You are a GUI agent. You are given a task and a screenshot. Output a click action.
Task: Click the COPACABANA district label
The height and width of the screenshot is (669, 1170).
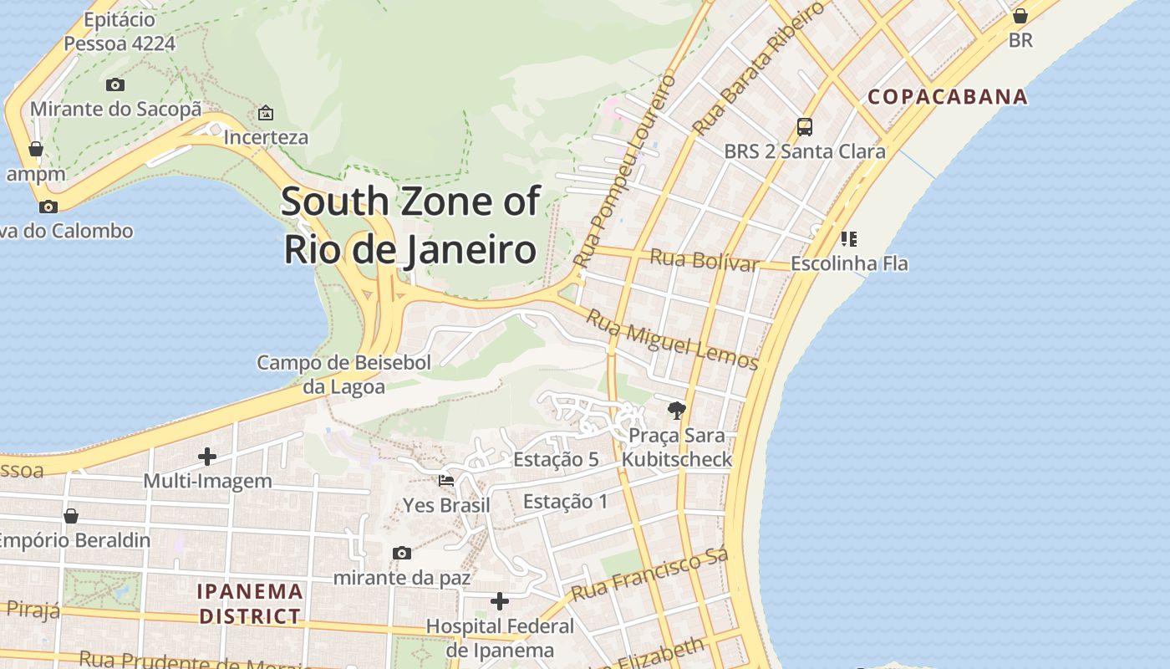coord(947,96)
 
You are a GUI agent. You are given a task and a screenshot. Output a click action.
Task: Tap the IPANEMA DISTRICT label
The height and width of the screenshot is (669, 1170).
coord(249,604)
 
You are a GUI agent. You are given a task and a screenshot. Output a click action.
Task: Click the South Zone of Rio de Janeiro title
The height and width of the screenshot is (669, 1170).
coord(409,226)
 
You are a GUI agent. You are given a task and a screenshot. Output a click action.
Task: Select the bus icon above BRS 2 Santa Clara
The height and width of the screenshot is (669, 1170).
coord(804,127)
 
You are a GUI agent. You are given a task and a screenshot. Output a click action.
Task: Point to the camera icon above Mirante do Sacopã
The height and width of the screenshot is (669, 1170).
coord(115,84)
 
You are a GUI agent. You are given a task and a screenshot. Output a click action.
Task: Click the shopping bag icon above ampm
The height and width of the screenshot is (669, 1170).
coord(36,149)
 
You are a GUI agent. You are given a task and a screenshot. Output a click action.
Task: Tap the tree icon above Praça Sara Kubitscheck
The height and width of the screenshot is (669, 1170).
coord(676,410)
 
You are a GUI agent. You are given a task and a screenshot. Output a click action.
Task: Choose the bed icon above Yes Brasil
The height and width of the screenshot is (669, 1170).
coord(446,481)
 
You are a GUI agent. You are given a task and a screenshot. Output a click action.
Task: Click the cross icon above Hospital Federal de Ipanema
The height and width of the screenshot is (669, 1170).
coord(500,601)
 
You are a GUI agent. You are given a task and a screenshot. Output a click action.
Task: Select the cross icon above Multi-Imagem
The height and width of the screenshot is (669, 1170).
coord(207,457)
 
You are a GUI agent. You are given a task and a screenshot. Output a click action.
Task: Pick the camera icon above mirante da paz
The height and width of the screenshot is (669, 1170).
coord(402,553)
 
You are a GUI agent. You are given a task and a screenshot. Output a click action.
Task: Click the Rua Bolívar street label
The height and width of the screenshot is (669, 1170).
coord(704,259)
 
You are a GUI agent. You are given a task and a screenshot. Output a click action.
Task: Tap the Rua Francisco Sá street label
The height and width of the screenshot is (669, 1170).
coord(649,575)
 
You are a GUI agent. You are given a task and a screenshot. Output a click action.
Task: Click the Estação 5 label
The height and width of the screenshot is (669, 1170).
coord(556,459)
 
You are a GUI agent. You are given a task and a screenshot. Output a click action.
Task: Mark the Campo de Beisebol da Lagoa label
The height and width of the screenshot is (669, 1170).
coord(343,374)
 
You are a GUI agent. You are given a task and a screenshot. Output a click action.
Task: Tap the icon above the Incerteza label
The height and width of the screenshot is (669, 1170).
coord(266,112)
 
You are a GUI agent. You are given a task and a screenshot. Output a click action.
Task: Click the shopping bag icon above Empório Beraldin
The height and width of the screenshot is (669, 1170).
coord(71,515)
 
